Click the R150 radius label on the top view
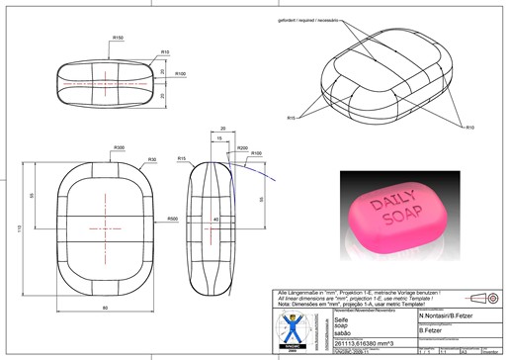(x=118, y=38)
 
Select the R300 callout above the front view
(x=119, y=147)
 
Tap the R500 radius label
(x=172, y=220)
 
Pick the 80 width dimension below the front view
(x=106, y=308)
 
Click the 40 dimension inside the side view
(x=215, y=220)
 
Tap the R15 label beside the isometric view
(x=293, y=118)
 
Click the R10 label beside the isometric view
(x=469, y=127)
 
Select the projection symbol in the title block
(x=484, y=297)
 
